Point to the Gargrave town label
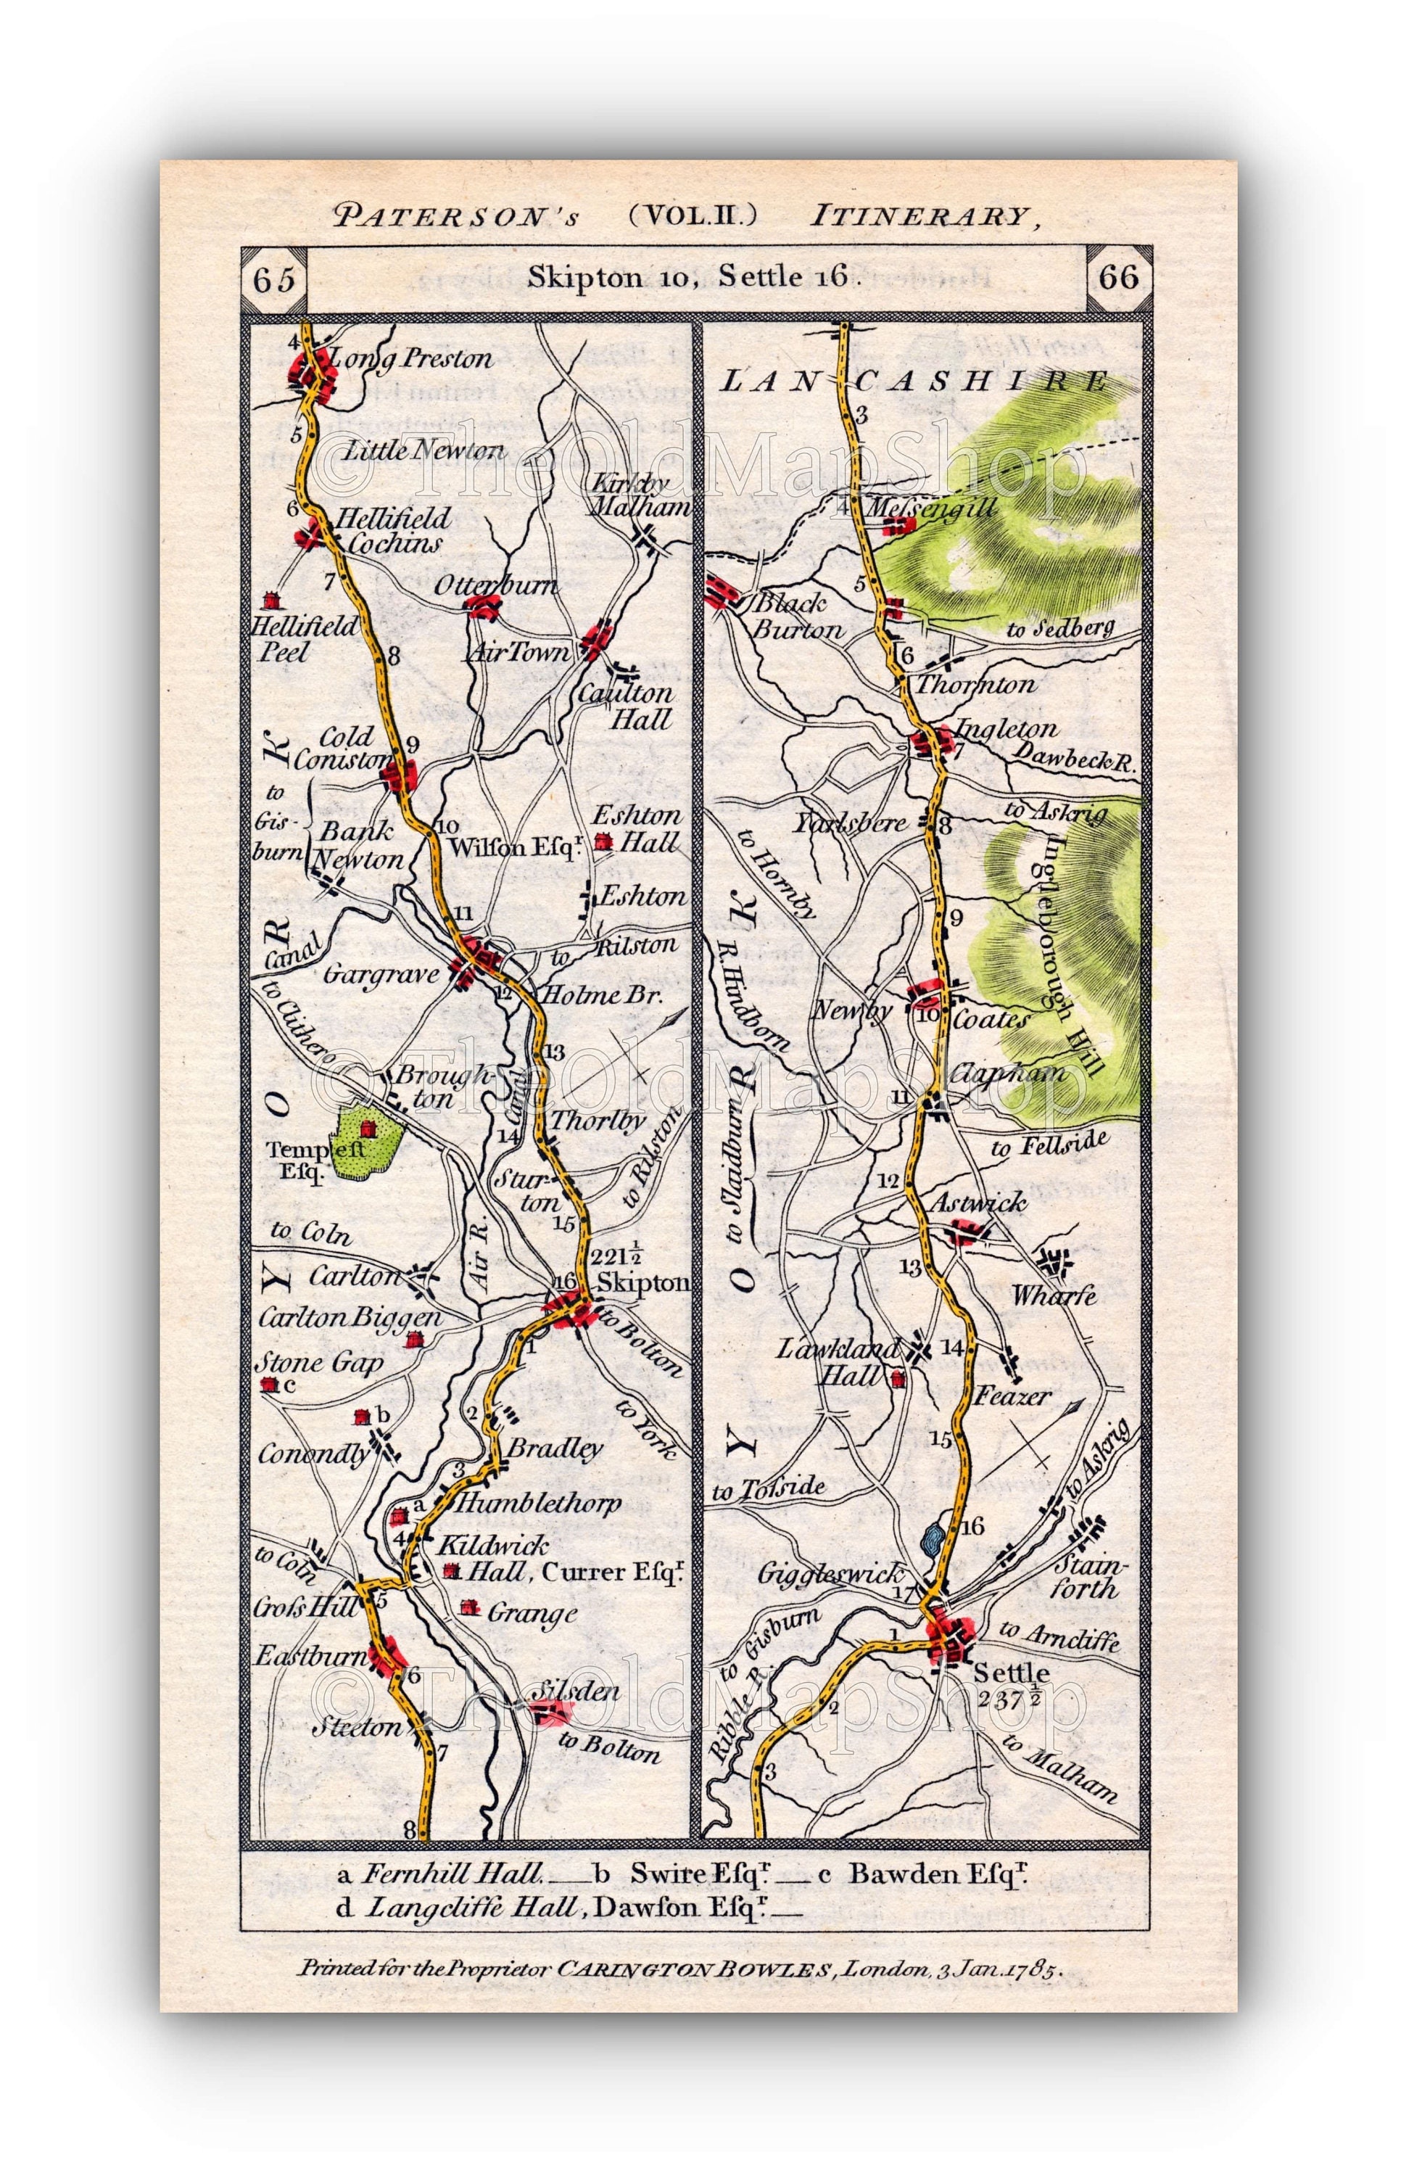point(381,974)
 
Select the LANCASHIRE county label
point(914,382)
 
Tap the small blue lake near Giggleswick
point(930,1538)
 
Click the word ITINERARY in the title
point(919,216)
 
